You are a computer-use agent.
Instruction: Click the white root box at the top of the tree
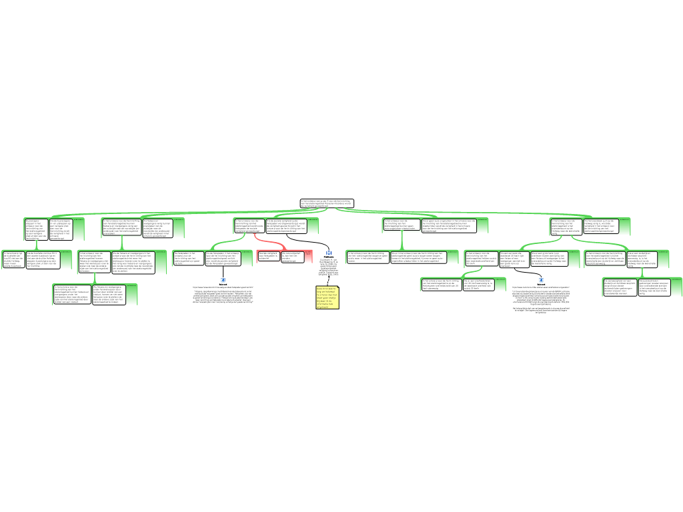[326, 203]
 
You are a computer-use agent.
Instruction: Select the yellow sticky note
[327, 297]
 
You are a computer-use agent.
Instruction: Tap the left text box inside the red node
[269, 257]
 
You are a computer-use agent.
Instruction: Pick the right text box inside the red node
[292, 257]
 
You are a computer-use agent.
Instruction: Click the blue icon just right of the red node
[329, 253]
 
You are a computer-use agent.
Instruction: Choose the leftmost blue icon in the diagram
[223, 280]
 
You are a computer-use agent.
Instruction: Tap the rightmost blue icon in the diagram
[541, 280]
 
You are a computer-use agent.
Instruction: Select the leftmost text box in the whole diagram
[13, 259]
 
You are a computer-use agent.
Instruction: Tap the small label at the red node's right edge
[308, 252]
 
